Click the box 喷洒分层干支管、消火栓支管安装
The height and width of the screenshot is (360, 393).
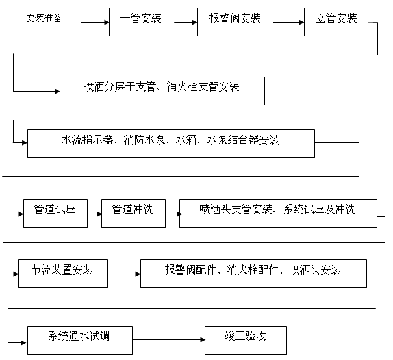pos(162,90)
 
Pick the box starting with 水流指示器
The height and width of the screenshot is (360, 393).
pos(171,143)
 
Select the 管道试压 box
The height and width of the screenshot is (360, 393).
pos(55,212)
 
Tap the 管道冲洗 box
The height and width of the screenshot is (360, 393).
pos(133,212)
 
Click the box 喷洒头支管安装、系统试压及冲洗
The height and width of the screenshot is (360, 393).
pos(277,212)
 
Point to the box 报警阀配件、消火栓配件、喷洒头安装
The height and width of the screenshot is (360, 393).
pos(253,273)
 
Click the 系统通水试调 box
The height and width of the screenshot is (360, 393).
pos(80,340)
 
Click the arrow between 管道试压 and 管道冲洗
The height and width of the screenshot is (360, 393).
pos(94,213)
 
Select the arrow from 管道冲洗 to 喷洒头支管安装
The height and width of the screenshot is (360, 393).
pos(172,213)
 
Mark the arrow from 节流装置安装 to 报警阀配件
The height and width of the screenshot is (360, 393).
pos(123,274)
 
